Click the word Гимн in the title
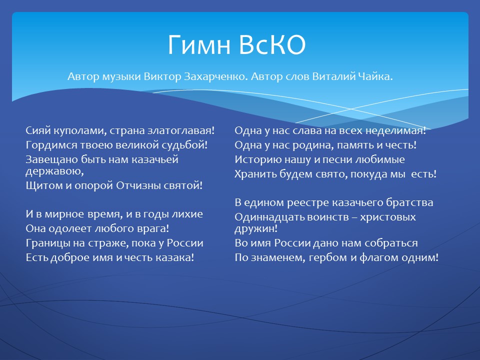(199, 44)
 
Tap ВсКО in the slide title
(272, 44)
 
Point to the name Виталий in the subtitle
(331, 76)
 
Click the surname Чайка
(372, 76)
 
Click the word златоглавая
(181, 131)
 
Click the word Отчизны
(142, 185)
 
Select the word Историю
(258, 160)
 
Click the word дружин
(256, 228)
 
